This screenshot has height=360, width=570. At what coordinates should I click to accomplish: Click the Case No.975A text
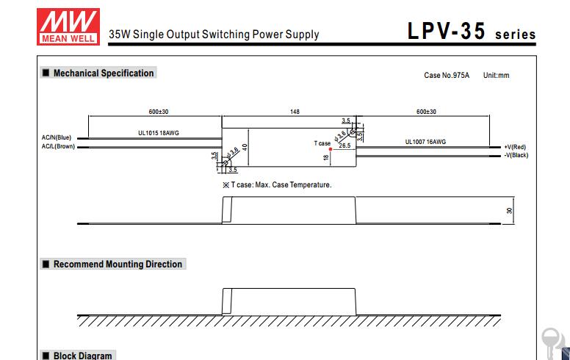click(447, 76)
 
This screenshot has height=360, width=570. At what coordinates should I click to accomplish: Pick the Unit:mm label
click(496, 76)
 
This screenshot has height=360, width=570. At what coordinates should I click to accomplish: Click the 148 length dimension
click(295, 112)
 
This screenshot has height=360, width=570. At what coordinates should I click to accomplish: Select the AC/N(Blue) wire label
click(57, 137)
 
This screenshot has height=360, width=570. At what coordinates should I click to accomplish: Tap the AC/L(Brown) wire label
click(58, 146)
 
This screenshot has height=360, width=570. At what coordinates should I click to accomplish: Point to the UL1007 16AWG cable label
click(425, 142)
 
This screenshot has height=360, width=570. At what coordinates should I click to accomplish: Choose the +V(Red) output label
click(515, 147)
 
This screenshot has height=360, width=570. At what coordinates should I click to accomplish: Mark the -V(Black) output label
click(516, 155)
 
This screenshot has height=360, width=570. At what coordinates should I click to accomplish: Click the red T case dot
click(331, 148)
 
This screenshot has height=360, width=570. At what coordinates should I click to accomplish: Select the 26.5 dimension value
click(344, 145)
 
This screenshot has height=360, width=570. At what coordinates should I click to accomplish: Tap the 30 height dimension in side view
click(509, 211)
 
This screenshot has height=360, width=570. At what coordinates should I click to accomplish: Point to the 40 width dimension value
click(245, 147)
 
